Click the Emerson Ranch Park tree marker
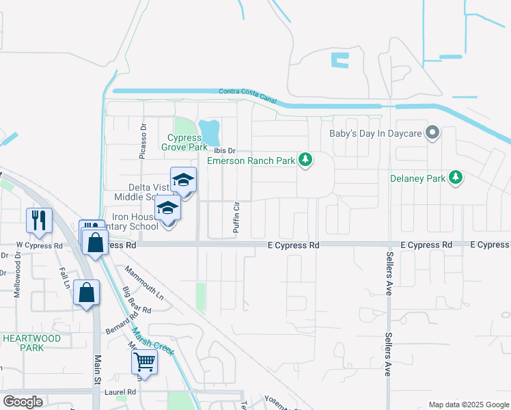306,160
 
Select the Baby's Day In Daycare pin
432,133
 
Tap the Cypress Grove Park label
184,142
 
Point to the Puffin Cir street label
236,219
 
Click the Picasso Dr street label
143,141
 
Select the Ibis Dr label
224,150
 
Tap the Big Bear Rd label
137,301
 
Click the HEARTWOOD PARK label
31,342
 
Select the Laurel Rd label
121,392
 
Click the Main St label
98,369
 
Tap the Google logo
23,402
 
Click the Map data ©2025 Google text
468,405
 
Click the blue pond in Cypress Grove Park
210,128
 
